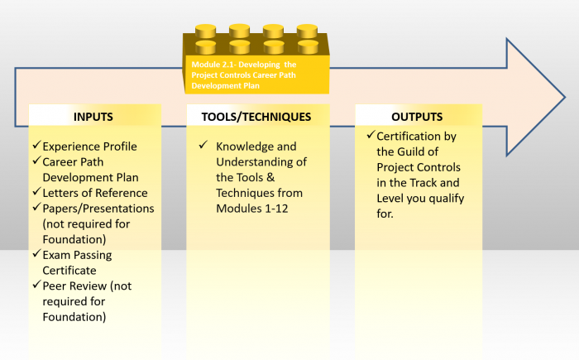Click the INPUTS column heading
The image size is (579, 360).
[x=93, y=117]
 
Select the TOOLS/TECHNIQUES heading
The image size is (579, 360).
[x=256, y=117]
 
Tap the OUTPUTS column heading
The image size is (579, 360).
[x=417, y=117]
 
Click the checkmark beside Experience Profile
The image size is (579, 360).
[x=36, y=145]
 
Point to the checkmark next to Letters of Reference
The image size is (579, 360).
[x=36, y=191]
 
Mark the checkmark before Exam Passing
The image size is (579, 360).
[x=36, y=253]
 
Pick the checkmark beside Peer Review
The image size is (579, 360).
[x=36, y=284]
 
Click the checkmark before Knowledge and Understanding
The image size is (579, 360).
[x=203, y=145]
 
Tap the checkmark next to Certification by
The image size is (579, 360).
[x=371, y=135]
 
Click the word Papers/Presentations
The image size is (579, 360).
[x=98, y=209]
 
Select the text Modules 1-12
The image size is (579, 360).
[x=251, y=209]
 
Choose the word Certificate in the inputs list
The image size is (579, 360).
[x=69, y=271]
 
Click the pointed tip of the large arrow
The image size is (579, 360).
[x=565, y=98]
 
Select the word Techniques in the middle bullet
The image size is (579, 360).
[x=259, y=193]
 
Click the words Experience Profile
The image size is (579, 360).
[x=89, y=146]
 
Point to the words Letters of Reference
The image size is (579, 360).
[x=95, y=193]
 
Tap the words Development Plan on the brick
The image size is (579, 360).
[x=225, y=86]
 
